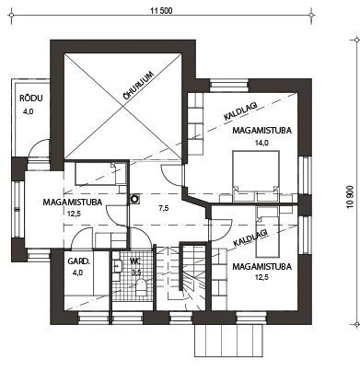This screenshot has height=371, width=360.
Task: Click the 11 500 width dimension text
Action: [161, 11]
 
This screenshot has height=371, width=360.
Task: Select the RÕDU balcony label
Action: [31, 99]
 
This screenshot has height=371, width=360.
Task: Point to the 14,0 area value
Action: [261, 143]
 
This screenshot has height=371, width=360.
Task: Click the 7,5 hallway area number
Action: [164, 208]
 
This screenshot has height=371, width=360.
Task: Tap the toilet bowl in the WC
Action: [142, 287]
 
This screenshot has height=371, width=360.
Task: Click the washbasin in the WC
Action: [118, 266]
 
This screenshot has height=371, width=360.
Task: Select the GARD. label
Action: [78, 261]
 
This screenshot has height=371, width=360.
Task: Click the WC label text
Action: [135, 261]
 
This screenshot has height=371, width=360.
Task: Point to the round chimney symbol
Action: [134, 199]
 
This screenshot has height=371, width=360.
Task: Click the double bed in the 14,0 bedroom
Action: [256, 171]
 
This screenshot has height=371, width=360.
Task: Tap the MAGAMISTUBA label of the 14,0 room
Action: [261, 130]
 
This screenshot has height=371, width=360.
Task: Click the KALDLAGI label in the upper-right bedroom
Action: [240, 110]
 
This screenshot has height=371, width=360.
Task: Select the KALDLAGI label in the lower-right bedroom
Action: [250, 238]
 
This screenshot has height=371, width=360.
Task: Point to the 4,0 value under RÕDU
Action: [28, 111]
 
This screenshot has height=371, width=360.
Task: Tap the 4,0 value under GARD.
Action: [78, 272]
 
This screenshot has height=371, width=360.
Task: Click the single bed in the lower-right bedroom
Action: [268, 232]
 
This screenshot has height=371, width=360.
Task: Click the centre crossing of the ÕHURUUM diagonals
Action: [123, 107]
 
